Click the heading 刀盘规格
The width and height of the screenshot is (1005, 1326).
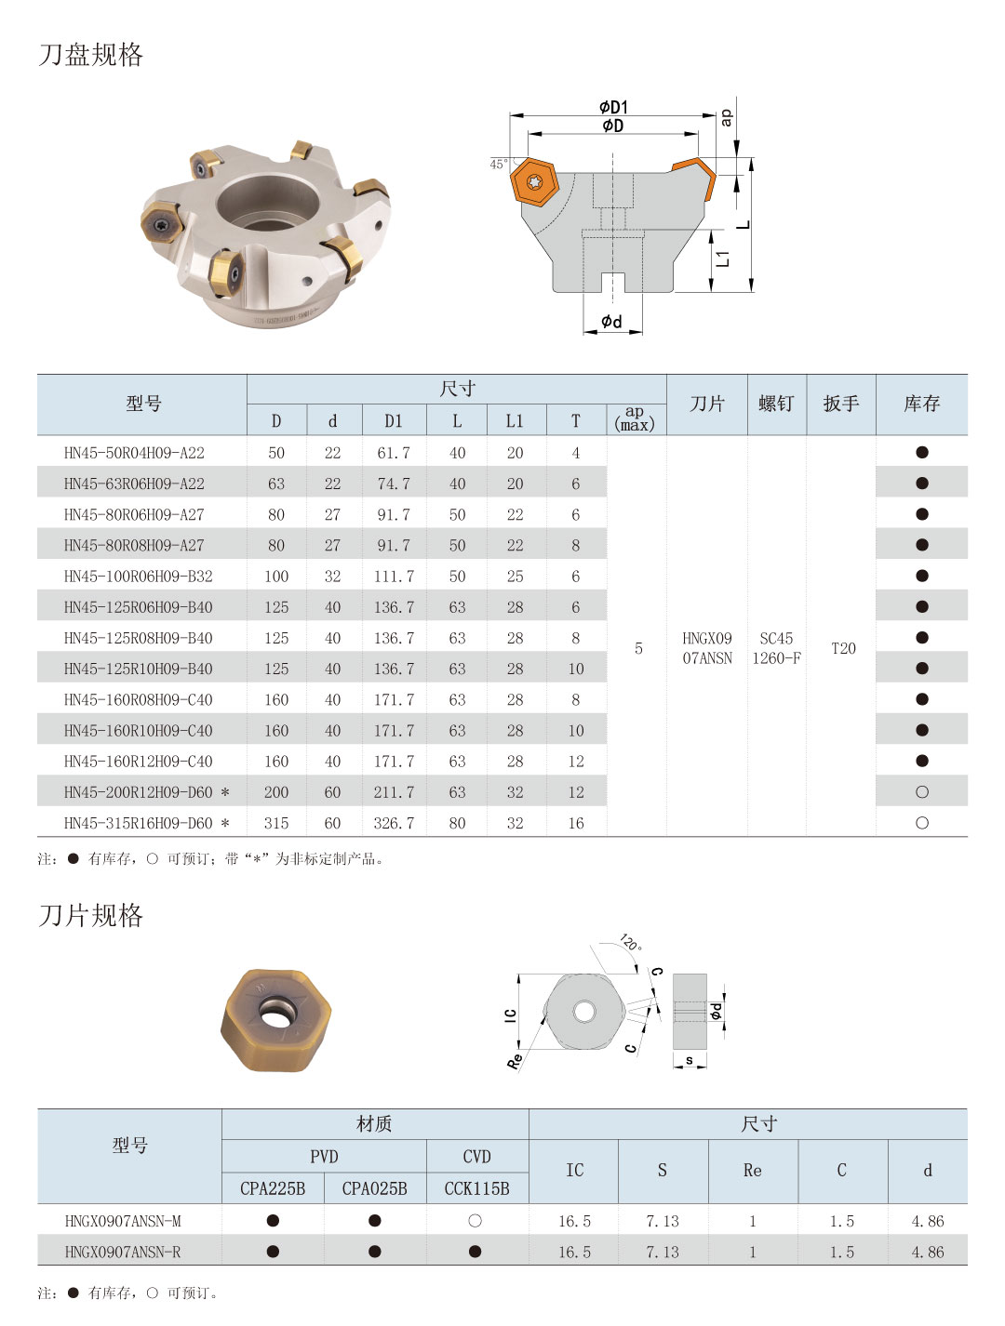pos(90,55)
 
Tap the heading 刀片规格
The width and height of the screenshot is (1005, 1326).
pos(90,916)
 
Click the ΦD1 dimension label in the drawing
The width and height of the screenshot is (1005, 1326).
pos(613,108)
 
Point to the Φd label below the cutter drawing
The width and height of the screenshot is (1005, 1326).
pos(611,322)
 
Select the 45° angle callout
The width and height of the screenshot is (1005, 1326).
pos(498,165)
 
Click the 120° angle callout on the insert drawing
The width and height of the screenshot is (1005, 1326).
pos(630,942)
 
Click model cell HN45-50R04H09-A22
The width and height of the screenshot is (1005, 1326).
pos(134,453)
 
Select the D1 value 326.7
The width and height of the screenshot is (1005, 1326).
pos(394,823)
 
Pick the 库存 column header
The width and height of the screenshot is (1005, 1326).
pos(921,404)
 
